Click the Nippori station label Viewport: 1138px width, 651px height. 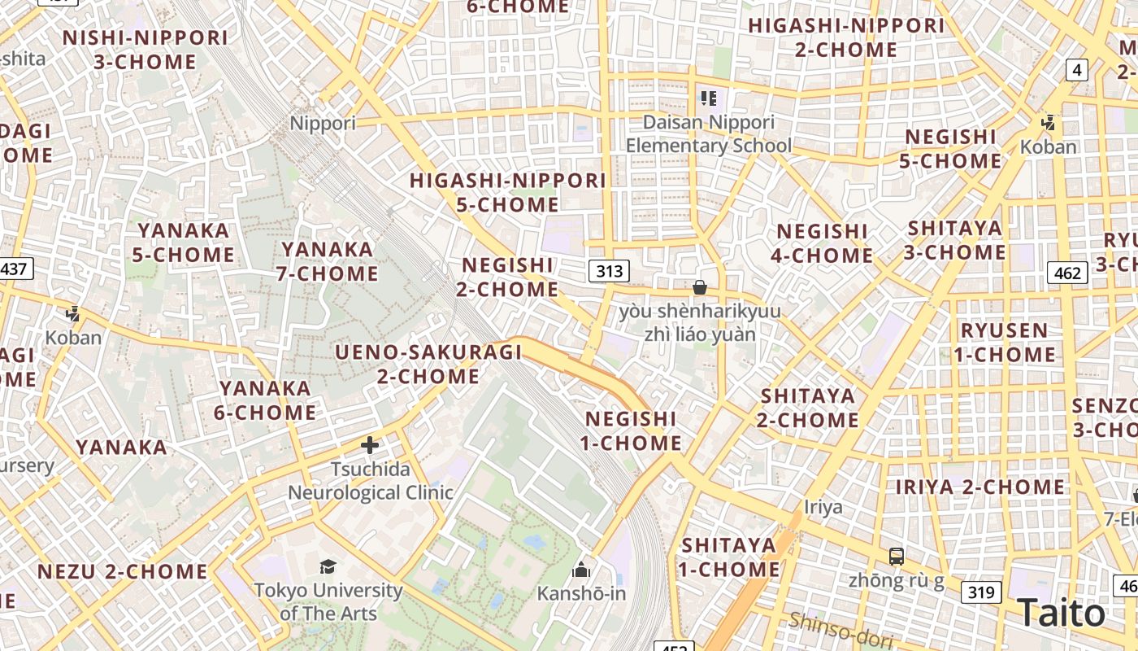pos(323,124)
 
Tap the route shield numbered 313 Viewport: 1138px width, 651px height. pos(609,271)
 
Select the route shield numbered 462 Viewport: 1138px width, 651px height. pos(1066,272)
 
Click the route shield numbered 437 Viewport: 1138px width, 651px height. pos(14,268)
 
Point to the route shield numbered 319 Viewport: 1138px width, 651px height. pos(980,592)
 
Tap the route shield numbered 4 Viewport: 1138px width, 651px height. pos(1077,70)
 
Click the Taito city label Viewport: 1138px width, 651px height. pos(1061,613)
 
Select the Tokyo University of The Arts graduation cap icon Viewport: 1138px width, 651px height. pos(328,566)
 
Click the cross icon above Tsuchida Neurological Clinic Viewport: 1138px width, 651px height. pos(370,445)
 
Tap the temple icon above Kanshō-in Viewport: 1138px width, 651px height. pos(581,569)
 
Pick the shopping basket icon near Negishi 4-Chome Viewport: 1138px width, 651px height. pos(699,287)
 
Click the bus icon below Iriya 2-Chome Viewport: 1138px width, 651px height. pos(896,557)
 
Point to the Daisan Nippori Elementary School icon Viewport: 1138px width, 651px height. pos(708,98)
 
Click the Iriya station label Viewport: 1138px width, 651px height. pos(823,507)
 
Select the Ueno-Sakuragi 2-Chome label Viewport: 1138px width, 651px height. pos(428,364)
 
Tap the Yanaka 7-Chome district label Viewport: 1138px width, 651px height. pos(327,261)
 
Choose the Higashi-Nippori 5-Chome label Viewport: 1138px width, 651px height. pos(508,192)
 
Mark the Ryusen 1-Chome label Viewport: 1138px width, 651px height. pos(1005,343)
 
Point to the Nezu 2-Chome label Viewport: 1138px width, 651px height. pos(123,571)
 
